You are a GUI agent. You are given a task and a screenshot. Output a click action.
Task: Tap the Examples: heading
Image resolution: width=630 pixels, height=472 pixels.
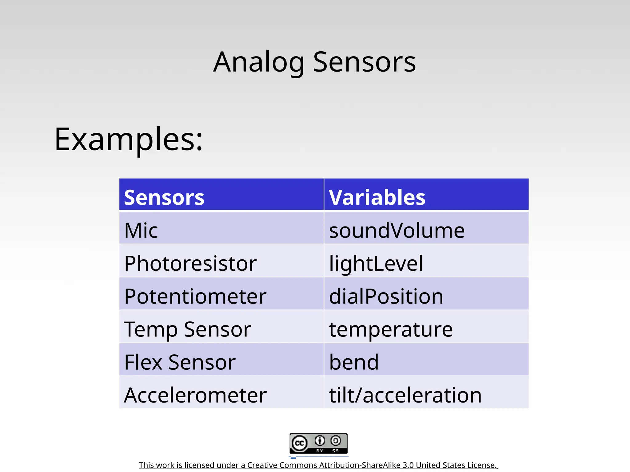tap(129, 140)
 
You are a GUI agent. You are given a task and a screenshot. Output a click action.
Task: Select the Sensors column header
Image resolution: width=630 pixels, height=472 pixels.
tap(164, 197)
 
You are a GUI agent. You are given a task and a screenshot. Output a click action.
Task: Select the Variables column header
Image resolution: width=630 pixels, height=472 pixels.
tap(377, 197)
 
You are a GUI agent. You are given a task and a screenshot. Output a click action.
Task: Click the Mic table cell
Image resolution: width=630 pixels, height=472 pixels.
tap(141, 230)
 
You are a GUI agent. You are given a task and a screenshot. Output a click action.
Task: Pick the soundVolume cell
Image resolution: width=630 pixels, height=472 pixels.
tap(397, 230)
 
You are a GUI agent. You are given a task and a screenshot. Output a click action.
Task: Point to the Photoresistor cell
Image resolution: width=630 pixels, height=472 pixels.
tap(190, 263)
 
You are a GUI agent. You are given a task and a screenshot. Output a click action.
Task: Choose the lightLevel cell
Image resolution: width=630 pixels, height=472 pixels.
tap(376, 263)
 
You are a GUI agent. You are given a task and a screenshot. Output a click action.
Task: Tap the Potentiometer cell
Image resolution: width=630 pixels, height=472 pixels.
tap(195, 296)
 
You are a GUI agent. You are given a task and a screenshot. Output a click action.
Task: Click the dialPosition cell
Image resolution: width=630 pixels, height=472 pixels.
tap(386, 296)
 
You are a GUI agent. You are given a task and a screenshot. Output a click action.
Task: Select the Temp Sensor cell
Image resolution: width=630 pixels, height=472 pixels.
tap(187, 329)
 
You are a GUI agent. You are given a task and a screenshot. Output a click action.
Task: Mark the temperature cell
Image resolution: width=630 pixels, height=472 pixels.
tap(391, 329)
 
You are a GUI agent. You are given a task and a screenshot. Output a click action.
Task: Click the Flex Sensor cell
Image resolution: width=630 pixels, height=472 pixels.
tap(180, 362)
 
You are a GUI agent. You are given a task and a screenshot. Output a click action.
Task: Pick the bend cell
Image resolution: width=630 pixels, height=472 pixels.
tap(354, 362)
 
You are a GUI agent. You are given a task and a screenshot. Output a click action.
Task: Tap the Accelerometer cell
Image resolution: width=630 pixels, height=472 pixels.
tap(195, 395)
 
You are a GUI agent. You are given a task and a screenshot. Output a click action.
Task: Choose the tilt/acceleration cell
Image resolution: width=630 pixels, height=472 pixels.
tap(405, 395)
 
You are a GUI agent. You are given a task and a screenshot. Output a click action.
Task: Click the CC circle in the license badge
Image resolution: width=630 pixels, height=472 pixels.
tap(299, 443)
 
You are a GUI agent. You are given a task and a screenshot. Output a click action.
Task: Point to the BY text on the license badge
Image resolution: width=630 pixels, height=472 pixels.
tap(320, 451)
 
